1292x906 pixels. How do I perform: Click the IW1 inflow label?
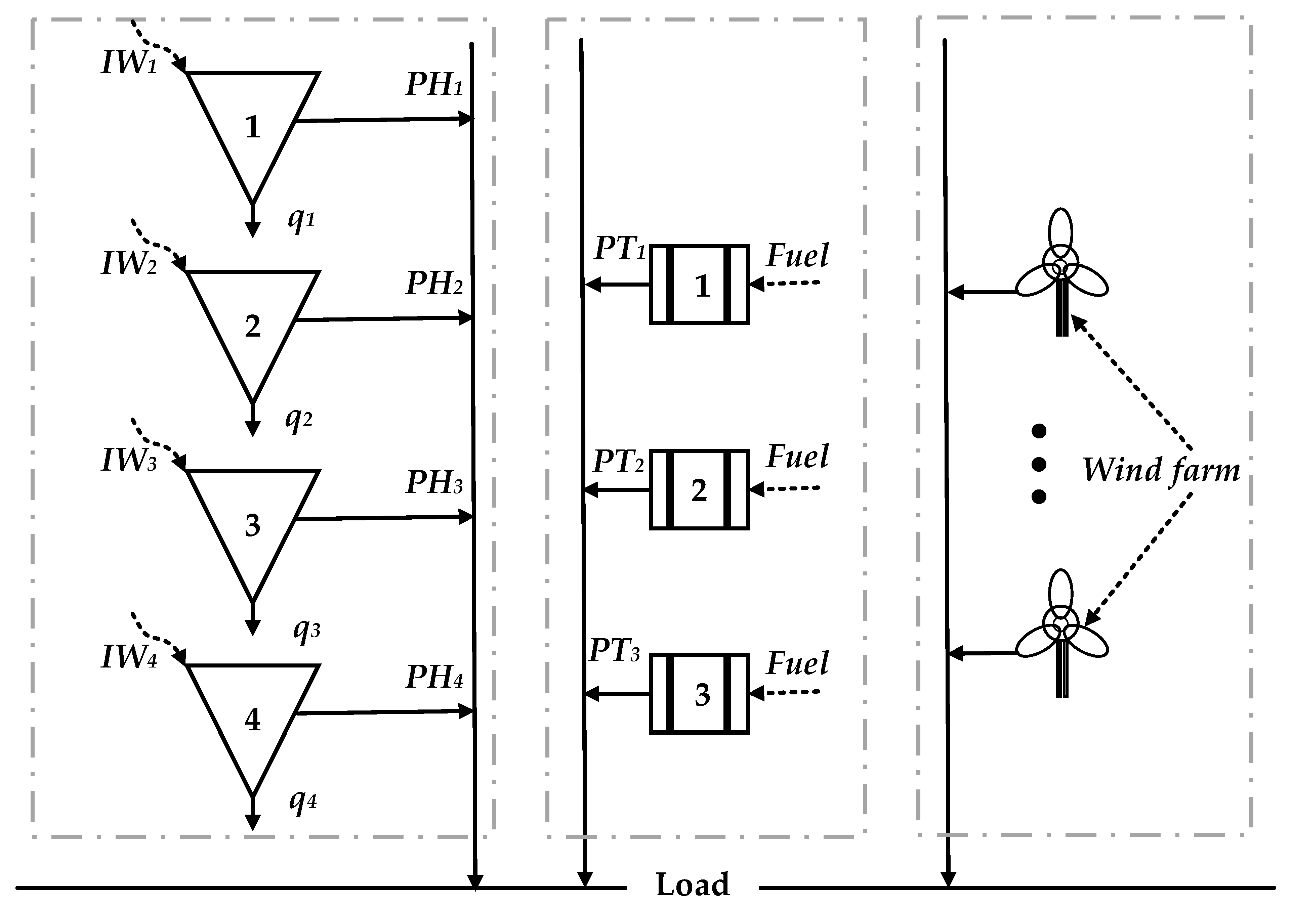tap(128, 62)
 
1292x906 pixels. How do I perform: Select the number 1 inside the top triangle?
tap(253, 127)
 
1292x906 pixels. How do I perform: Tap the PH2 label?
tap(434, 283)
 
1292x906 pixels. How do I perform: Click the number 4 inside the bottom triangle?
tap(253, 720)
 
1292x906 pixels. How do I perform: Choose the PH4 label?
tap(434, 677)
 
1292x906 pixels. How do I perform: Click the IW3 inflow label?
tap(128, 460)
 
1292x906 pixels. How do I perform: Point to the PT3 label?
tap(615, 651)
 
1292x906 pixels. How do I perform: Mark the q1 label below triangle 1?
tap(301, 218)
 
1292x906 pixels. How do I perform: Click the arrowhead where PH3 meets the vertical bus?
tap(466, 517)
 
